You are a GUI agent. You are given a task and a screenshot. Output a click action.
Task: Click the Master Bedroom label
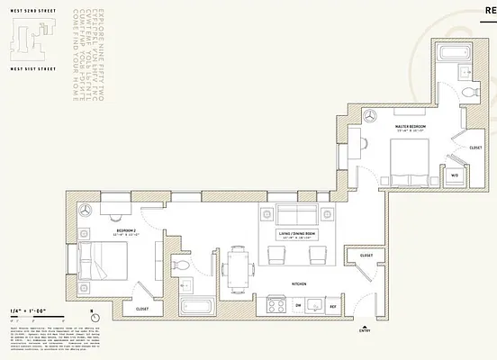coord(410,127)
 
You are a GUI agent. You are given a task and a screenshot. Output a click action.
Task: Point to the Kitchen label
coord(299,284)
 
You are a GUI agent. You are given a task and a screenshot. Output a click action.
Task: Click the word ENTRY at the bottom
coord(364,331)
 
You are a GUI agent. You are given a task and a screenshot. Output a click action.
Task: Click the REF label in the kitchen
coord(332,306)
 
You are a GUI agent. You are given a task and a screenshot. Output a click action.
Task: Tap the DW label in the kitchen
coord(297,306)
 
